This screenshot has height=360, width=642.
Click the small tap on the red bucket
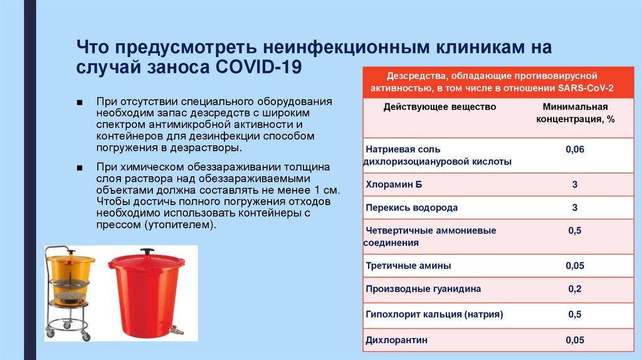pos(178,329)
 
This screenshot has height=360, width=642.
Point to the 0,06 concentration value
pos(575,149)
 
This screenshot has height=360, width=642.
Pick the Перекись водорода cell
pos(411,208)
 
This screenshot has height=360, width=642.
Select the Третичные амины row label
pos(408,265)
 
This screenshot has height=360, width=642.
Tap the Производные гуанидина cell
pos(423,289)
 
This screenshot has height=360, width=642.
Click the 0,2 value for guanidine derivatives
pos(575,289)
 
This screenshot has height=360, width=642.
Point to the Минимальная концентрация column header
pos(575,112)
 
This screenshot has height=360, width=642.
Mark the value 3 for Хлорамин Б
pos(575,185)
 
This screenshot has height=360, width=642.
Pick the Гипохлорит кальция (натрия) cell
pos(434,314)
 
